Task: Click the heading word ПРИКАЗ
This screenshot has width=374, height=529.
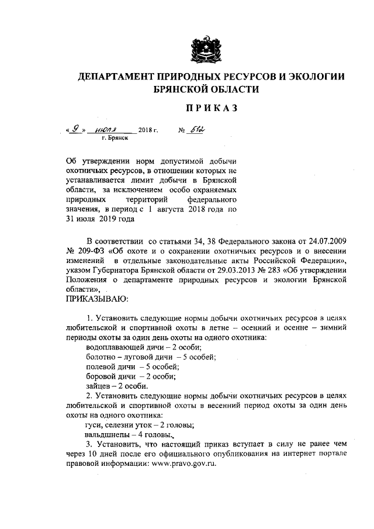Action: tap(205, 109)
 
